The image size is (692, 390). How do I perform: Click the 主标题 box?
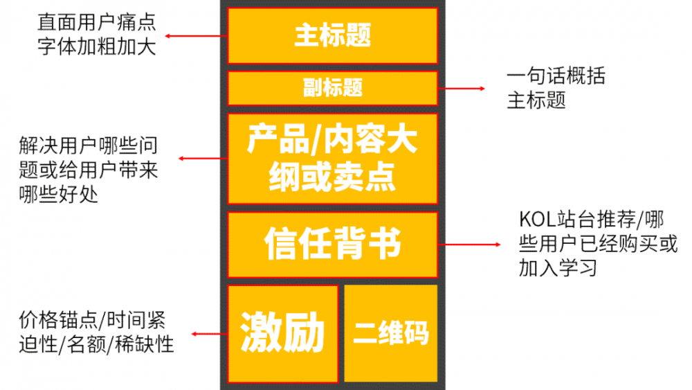[332, 35]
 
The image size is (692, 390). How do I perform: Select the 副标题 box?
[332, 88]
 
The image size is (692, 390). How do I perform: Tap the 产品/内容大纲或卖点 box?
[332, 159]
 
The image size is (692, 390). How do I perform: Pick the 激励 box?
[282, 333]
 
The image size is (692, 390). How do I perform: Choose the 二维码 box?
[391, 333]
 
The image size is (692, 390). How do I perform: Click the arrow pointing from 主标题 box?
[197, 35]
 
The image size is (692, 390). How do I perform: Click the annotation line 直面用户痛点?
[97, 24]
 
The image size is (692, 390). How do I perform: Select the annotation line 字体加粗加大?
[97, 47]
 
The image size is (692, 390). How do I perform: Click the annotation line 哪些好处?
[59, 194]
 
